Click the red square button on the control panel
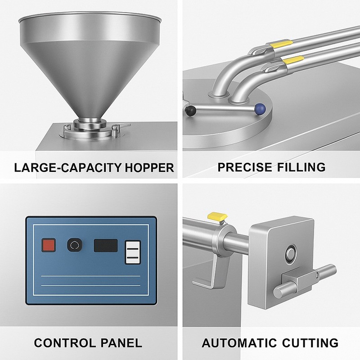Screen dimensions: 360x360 pyautogui.click(x=49, y=245)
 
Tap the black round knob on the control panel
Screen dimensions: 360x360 pyautogui.click(x=75, y=245)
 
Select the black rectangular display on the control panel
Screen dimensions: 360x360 pyautogui.click(x=106, y=245)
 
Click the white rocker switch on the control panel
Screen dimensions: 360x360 pyautogui.click(x=133, y=252)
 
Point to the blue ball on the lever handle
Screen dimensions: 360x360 pyautogui.click(x=260, y=108)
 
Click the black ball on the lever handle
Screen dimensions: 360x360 pyautogui.click(x=190, y=111)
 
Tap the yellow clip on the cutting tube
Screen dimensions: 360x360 pyautogui.click(x=217, y=216)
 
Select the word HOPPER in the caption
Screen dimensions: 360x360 pyautogui.click(x=149, y=168)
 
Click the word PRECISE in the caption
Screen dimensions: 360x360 pyautogui.click(x=245, y=167)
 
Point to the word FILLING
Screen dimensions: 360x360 pyautogui.click(x=301, y=167)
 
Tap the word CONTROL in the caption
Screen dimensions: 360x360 pyautogui.click(x=65, y=343)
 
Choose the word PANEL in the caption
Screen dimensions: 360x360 pyautogui.click(x=121, y=343)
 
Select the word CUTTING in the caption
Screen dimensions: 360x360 pyautogui.click(x=310, y=343)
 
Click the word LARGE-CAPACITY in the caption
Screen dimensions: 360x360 pyautogui.click(x=68, y=168)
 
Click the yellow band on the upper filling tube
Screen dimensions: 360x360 pyautogui.click(x=281, y=44)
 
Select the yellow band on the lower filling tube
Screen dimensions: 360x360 pyautogui.click(x=293, y=60)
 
